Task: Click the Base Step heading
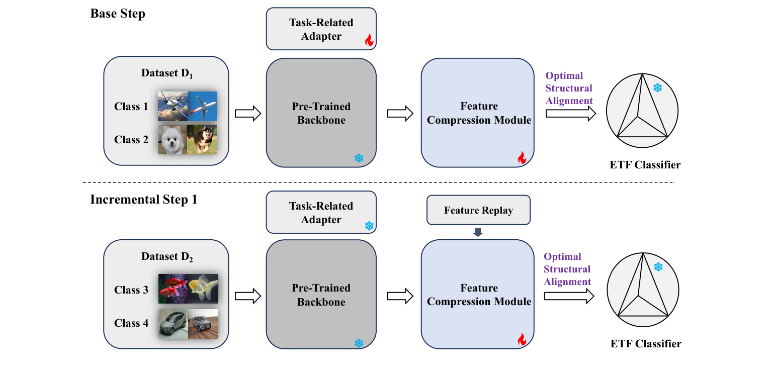click(x=118, y=14)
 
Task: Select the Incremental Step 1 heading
click(x=144, y=199)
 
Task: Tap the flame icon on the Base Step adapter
click(x=369, y=40)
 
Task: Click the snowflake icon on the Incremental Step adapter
click(x=369, y=226)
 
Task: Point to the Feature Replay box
click(x=478, y=210)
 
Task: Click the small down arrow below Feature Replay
click(x=478, y=232)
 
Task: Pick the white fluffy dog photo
click(x=173, y=139)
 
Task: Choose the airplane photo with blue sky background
click(x=202, y=106)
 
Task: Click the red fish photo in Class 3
click(x=173, y=289)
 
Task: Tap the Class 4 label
click(x=131, y=323)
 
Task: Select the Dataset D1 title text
click(x=167, y=73)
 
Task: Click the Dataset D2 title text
click(x=167, y=257)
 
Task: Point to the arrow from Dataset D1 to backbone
click(x=248, y=113)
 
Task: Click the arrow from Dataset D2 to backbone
click(x=248, y=297)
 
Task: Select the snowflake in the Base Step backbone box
click(x=359, y=158)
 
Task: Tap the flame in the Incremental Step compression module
click(x=522, y=340)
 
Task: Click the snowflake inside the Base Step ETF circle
click(x=657, y=88)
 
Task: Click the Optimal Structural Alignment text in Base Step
click(x=569, y=88)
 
